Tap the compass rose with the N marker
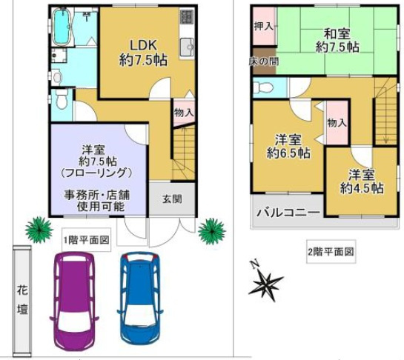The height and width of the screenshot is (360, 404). click(266, 282)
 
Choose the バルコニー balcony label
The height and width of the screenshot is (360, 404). click(288, 213)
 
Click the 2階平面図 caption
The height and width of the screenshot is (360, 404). click(331, 252)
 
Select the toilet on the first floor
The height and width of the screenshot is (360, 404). click(62, 99)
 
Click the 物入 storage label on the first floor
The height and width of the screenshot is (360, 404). click(184, 113)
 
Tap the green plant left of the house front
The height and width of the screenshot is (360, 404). click(35, 229)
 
